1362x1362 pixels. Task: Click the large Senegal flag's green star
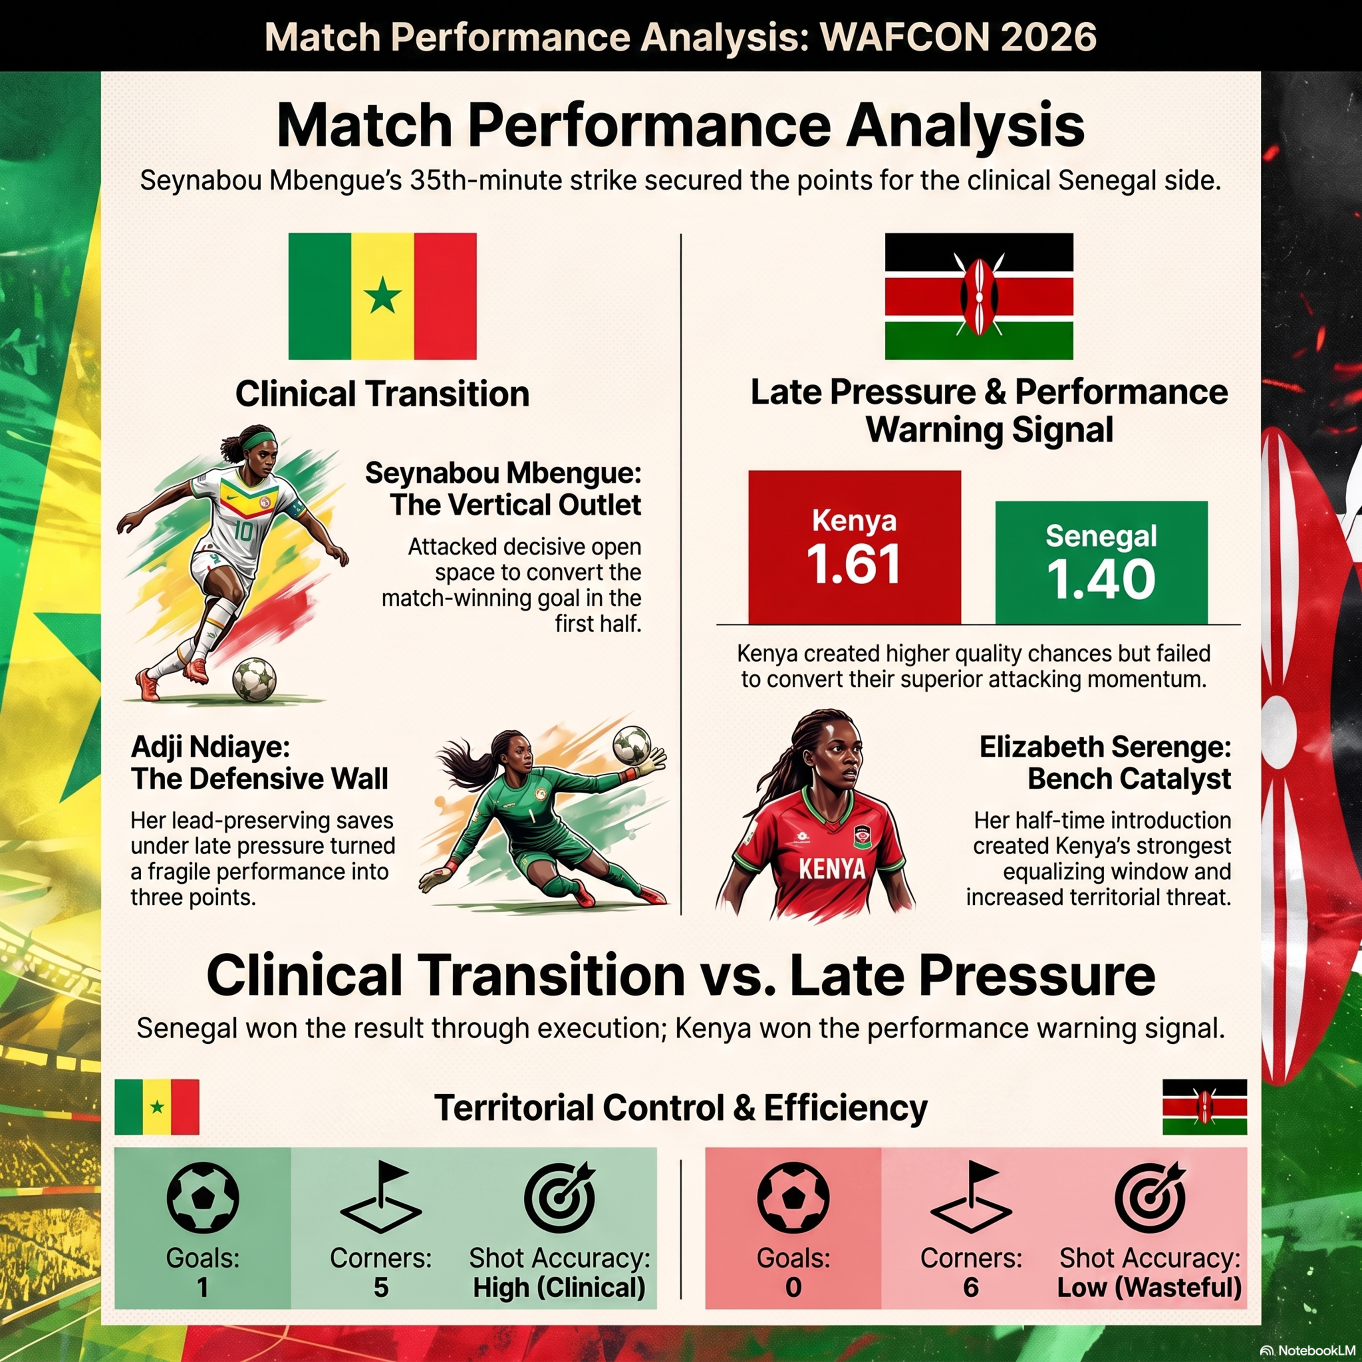382,296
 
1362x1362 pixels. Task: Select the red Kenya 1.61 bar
854,547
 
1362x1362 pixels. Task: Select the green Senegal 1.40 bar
1101,562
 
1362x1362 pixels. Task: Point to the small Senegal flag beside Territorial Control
157,1107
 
